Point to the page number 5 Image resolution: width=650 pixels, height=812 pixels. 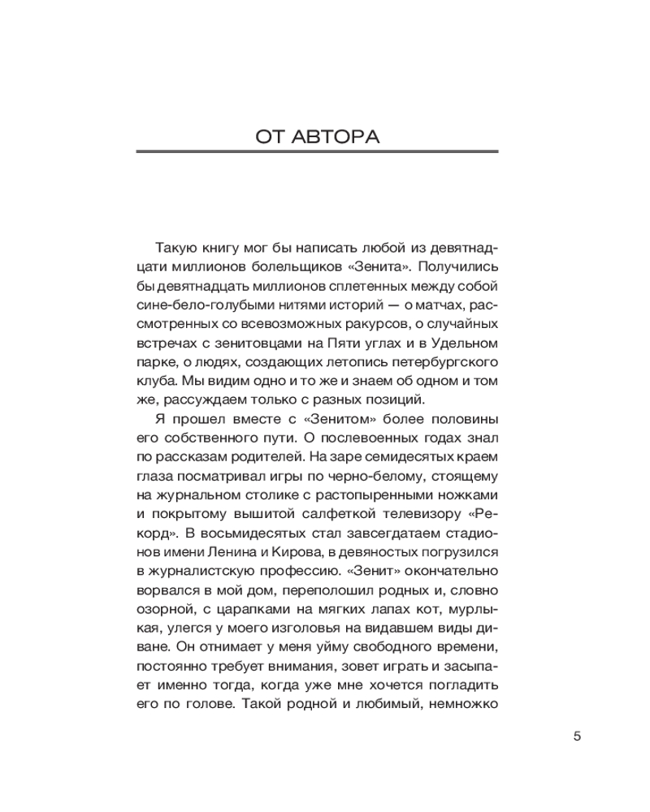tap(578, 736)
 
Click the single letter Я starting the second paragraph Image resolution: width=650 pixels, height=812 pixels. tap(158, 419)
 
